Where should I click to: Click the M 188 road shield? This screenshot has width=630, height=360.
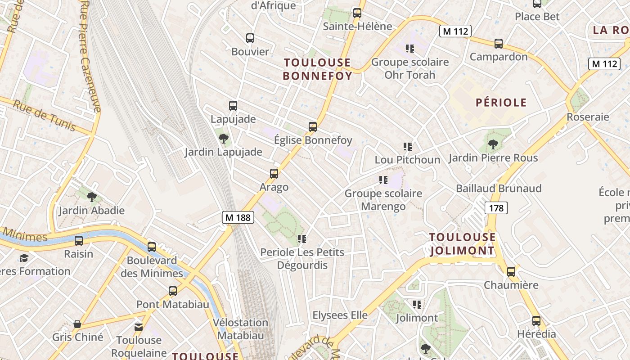click(238, 217)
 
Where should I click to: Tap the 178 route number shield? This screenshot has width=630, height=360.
click(496, 208)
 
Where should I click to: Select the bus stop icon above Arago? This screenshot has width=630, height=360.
click(274, 174)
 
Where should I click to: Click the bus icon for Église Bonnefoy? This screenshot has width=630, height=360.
click(313, 127)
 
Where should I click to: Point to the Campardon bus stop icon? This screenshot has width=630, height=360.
click(499, 44)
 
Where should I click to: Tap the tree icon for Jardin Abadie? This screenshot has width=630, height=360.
click(92, 197)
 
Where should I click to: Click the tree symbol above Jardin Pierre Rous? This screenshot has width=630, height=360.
click(493, 144)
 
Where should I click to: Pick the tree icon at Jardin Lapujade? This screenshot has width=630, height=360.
click(223, 138)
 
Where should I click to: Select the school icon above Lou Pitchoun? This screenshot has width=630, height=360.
click(408, 146)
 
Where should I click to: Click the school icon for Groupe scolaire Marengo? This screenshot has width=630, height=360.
click(383, 180)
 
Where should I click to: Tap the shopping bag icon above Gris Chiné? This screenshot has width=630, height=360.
click(77, 324)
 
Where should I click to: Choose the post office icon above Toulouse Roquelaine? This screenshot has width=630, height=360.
click(139, 327)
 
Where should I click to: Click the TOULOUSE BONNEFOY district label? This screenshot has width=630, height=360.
click(317, 69)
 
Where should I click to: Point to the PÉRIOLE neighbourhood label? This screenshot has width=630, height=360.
click(501, 103)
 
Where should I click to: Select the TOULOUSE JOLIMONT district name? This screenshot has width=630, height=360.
click(462, 244)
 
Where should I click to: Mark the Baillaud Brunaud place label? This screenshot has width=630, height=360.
click(499, 189)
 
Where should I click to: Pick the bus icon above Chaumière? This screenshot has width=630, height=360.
click(511, 272)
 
